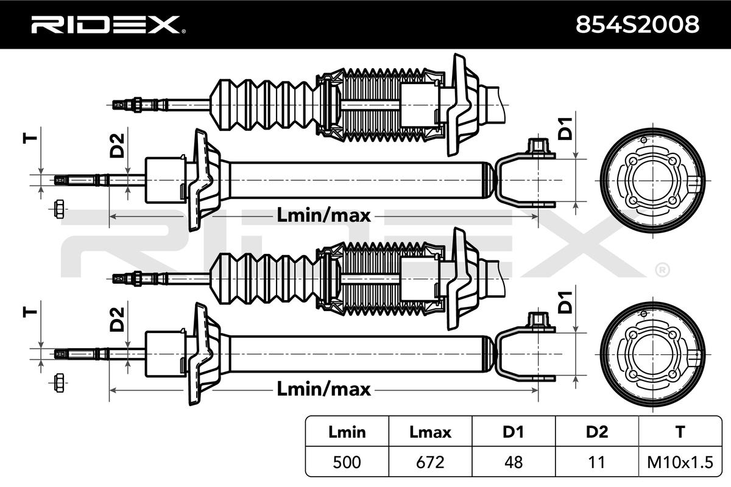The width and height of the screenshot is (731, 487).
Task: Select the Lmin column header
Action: click(x=347, y=432)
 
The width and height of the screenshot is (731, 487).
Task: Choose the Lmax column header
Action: click(x=430, y=432)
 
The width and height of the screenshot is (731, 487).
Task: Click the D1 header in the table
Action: click(x=513, y=432)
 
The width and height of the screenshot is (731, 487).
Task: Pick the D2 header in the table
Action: click(x=596, y=432)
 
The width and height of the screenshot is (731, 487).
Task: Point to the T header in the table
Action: click(x=680, y=432)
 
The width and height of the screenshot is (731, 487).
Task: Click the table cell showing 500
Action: click(x=347, y=462)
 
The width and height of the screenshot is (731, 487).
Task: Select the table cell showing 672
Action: click(x=430, y=462)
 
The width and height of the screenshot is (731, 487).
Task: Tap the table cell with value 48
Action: click(x=513, y=462)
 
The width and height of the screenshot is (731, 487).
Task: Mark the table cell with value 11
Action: click(x=596, y=462)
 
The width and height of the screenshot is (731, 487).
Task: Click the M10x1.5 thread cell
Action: click(x=680, y=462)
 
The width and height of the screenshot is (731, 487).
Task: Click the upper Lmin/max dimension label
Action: click(x=323, y=215)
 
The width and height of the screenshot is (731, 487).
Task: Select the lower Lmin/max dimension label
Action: click(x=323, y=388)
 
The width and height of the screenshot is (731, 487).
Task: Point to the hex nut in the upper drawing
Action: click(x=59, y=209)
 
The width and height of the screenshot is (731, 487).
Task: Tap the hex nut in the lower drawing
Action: click(x=59, y=382)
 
